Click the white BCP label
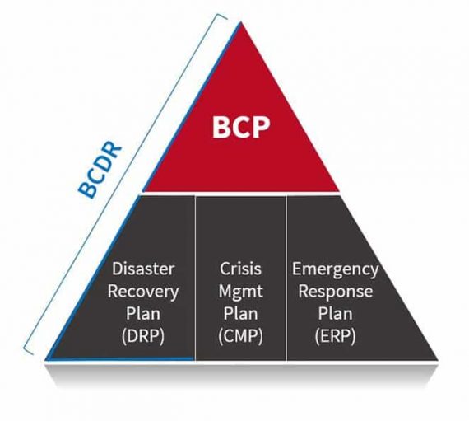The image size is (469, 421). click(241, 127)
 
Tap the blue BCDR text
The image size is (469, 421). click(100, 170)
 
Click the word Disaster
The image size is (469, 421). click(143, 269)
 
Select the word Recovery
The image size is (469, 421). click(143, 291)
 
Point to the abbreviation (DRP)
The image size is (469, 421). click(143, 336)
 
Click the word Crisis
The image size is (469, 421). click(241, 269)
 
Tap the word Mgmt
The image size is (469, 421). click(241, 292)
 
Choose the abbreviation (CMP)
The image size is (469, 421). click(241, 336)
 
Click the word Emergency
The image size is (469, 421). click(336, 269)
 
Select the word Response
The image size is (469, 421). click(336, 292)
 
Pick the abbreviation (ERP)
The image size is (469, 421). click(336, 336)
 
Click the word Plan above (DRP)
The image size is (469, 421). click(143, 314)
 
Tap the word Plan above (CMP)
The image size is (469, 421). click(241, 314)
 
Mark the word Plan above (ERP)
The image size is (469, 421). click(336, 314)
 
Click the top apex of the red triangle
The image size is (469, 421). click(241, 22)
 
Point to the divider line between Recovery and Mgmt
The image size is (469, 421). click(195, 278)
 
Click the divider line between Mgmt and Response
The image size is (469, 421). click(286, 278)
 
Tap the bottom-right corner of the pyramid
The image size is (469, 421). click(438, 360)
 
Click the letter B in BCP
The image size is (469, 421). click(221, 127)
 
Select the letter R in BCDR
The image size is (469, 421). click(114, 150)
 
